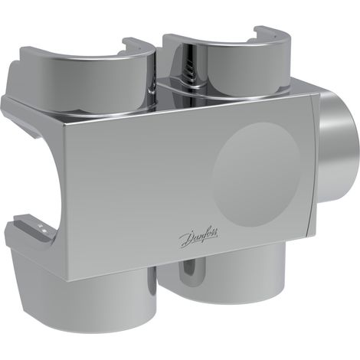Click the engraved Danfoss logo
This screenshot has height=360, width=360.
[x=198, y=237]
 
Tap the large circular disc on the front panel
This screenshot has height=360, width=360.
[x=256, y=174]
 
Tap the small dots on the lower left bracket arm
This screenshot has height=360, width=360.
[x=42, y=228]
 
